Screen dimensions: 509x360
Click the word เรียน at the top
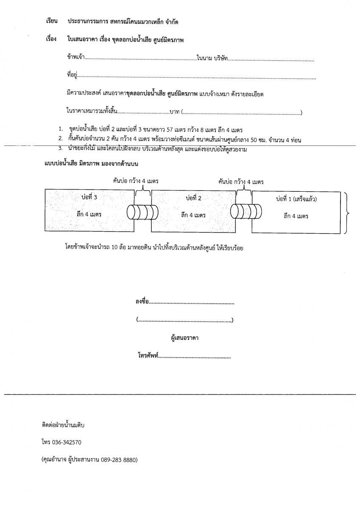point(51,21)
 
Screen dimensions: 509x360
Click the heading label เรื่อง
point(51,39)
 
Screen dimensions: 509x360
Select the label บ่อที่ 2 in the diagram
point(193,198)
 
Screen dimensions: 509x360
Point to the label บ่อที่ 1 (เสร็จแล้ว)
point(296,199)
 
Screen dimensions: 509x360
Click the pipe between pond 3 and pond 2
point(142,211)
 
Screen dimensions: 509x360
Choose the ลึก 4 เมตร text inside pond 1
point(296,216)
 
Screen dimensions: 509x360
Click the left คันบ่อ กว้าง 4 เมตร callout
point(135,181)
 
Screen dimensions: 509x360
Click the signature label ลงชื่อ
point(143,302)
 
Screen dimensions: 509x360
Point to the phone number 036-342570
point(67,442)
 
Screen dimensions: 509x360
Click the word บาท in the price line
point(174,112)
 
